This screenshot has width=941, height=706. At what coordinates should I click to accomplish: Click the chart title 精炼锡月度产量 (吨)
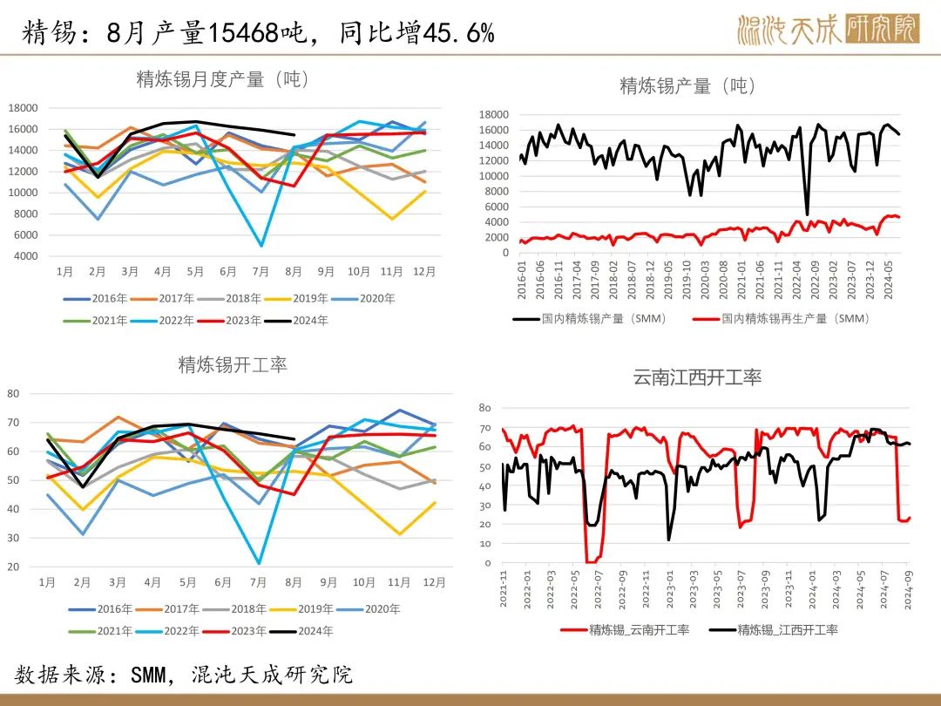tap(223, 79)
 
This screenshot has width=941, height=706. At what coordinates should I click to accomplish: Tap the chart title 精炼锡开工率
tap(233, 364)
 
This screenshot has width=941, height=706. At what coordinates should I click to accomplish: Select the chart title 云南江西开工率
tap(697, 377)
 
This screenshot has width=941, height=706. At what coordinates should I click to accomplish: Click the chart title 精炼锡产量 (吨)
tap(687, 85)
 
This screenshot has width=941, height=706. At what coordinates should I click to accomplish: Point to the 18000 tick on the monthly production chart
tap(23, 108)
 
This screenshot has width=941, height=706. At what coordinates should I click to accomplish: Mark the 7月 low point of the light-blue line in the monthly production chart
tap(261, 245)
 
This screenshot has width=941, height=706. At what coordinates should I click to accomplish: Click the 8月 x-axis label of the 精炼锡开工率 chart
tap(293, 581)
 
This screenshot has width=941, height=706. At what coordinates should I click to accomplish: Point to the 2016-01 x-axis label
tap(522, 277)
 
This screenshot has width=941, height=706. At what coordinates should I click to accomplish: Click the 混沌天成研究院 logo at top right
tap(828, 28)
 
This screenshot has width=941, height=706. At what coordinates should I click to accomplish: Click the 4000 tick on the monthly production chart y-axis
tap(26, 256)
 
